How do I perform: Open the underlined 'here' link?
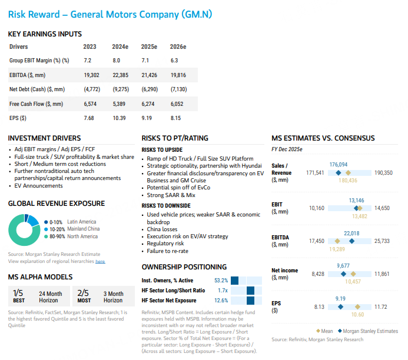[100, 261]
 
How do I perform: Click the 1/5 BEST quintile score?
[18, 295]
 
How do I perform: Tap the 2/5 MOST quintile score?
[83, 295]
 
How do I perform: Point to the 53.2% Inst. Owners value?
[221, 281]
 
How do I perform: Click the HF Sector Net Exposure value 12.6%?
[221, 300]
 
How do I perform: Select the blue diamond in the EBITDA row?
[351, 241]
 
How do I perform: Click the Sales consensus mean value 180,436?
[348, 180]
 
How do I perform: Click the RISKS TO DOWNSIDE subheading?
[166, 206]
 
